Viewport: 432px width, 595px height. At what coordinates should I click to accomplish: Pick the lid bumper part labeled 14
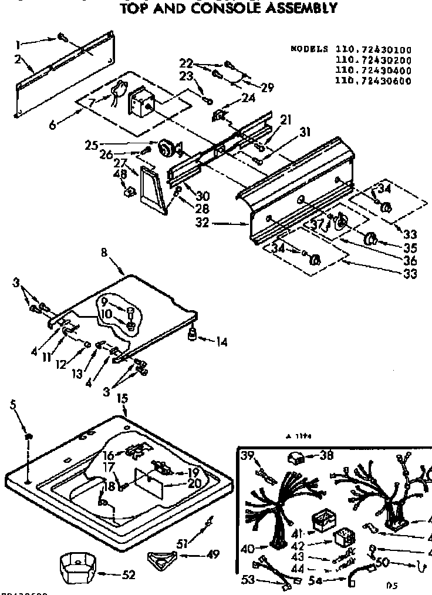191,335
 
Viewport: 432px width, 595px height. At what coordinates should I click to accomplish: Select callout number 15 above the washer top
122,399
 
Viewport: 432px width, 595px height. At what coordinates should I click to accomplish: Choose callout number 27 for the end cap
120,164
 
